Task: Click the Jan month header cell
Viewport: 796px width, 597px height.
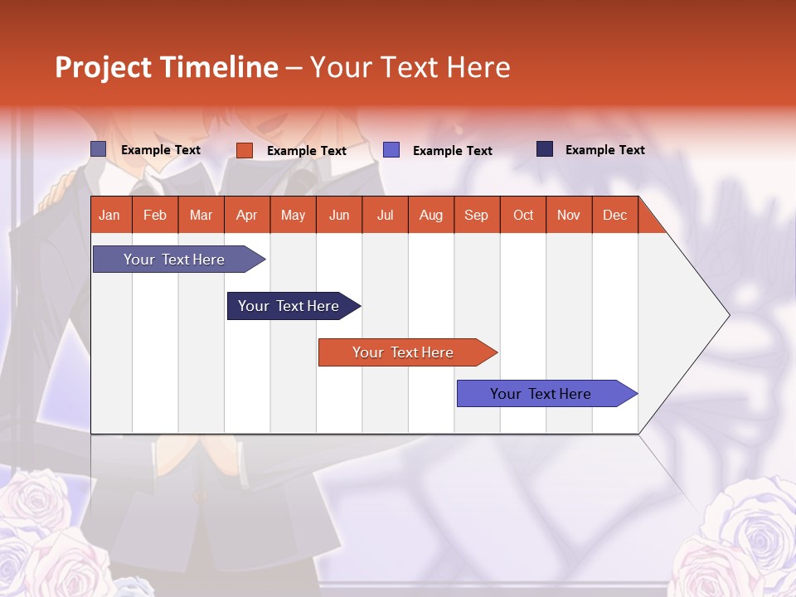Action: tap(110, 215)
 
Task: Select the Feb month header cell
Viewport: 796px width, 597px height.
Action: tap(155, 215)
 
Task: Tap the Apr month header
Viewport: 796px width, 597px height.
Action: tap(247, 215)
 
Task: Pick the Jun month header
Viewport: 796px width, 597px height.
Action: tap(339, 215)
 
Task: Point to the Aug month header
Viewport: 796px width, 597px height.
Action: tap(431, 215)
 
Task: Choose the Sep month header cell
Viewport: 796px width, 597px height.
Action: tap(477, 215)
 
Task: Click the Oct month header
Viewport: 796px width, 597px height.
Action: tap(523, 215)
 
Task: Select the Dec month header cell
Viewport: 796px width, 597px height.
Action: tap(615, 215)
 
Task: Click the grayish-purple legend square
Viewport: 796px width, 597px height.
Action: tap(99, 149)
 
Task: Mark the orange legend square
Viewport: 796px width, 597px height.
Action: tap(245, 150)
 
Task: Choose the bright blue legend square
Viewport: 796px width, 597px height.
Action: tap(391, 150)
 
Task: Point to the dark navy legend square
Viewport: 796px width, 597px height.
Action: tap(545, 149)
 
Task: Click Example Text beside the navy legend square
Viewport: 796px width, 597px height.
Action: tap(604, 150)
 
